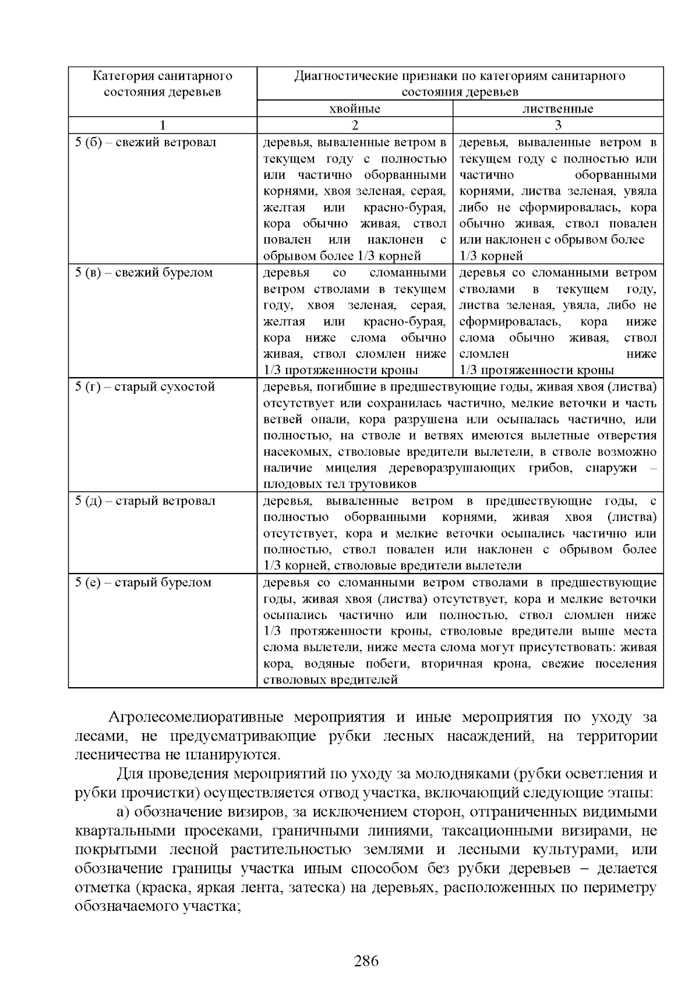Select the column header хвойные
pos(354,109)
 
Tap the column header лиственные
pos(557,109)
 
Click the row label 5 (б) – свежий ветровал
pos(146,143)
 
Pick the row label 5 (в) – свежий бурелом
pos(144,273)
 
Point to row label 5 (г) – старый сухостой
pos(145,387)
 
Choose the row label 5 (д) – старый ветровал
pos(145,501)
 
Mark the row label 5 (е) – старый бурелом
pos(143,583)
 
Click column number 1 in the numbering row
pos(163,125)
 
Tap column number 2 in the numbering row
pos(355,125)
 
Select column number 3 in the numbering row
pos(558,125)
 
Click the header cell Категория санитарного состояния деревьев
pos(163,84)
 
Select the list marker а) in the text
pos(123,812)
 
